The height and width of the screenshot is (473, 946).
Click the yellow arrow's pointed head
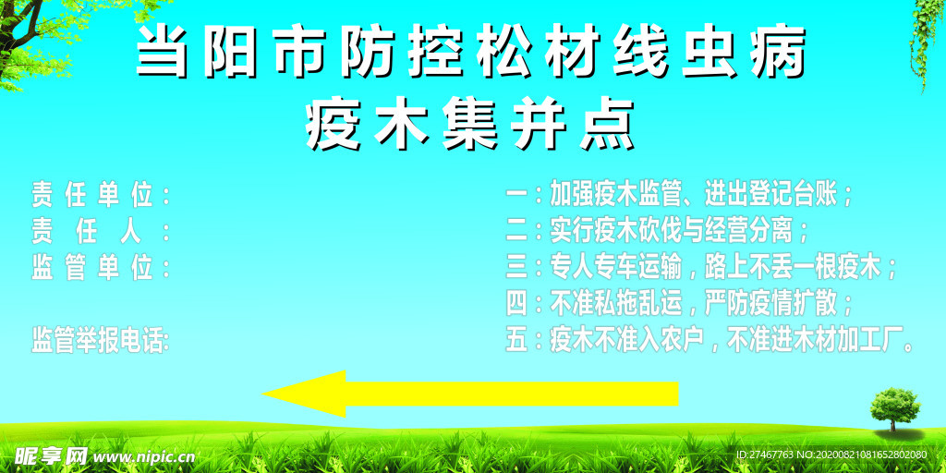click(263, 394)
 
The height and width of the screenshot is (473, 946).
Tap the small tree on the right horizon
click(894, 409)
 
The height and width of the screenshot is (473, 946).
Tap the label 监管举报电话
click(97, 341)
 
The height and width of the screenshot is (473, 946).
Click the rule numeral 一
click(516, 195)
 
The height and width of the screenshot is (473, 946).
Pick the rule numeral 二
click(516, 230)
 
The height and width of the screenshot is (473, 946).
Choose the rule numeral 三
click(516, 267)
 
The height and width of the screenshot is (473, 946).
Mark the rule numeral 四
click(516, 305)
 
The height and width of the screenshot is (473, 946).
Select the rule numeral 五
click(516, 342)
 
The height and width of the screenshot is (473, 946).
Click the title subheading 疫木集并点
click(471, 125)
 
